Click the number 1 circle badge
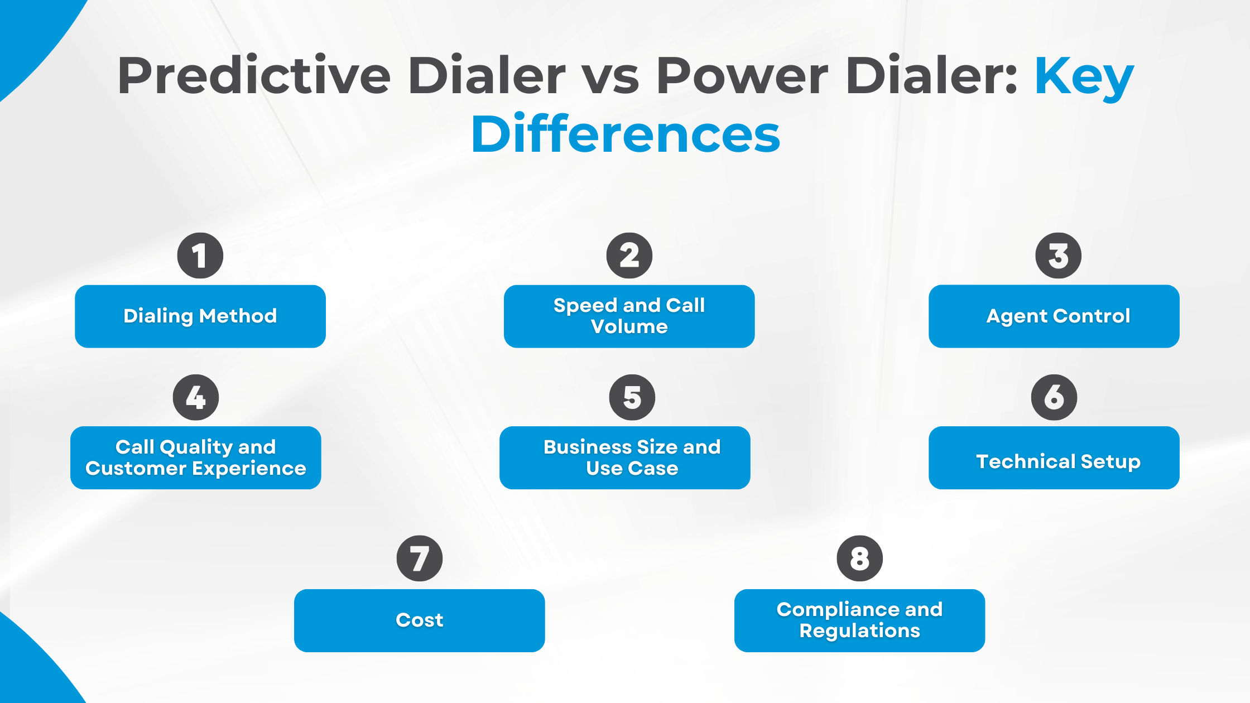(x=200, y=256)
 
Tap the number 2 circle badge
(x=629, y=256)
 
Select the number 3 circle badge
(x=1058, y=256)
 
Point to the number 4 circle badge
(x=196, y=397)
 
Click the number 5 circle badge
(x=632, y=397)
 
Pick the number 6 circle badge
(x=1054, y=397)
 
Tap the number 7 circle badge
(x=420, y=558)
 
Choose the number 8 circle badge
(x=859, y=558)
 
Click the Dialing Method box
(x=200, y=316)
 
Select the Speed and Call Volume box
(x=629, y=316)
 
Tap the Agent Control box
(x=1054, y=316)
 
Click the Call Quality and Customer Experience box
(x=196, y=458)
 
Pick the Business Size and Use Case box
(x=625, y=458)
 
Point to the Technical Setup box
(x=1054, y=458)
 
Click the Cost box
(x=420, y=620)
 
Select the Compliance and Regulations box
(x=859, y=620)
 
